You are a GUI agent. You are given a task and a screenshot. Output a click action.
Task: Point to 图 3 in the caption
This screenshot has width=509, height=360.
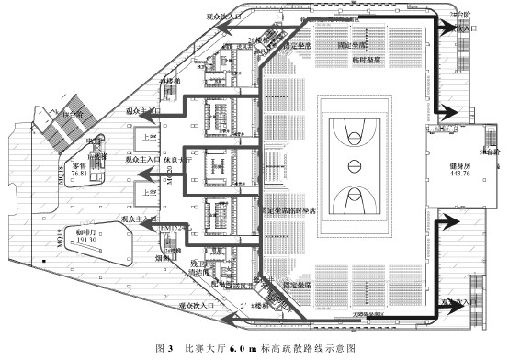click(x=165, y=349)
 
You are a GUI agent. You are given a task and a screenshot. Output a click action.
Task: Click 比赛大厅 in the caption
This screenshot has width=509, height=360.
click(x=202, y=349)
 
